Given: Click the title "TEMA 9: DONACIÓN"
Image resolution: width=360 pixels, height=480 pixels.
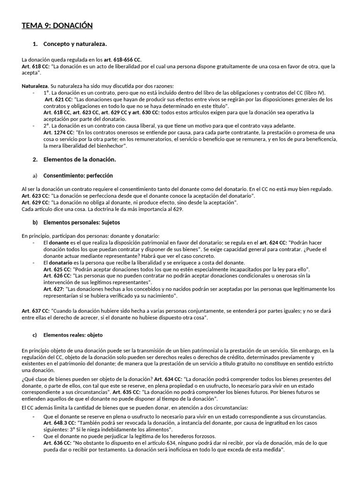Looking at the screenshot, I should click(x=57, y=25).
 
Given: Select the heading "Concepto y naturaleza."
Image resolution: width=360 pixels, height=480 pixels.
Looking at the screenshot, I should click(x=75, y=44).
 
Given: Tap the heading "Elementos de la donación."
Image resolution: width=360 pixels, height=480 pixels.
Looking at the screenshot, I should click(x=79, y=159).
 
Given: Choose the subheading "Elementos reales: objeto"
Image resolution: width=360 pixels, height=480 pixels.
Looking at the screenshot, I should click(x=73, y=335).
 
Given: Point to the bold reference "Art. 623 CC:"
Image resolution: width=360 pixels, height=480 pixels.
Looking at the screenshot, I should click(x=36, y=195).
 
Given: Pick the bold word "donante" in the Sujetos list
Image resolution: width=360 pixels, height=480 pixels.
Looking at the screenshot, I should click(x=59, y=243).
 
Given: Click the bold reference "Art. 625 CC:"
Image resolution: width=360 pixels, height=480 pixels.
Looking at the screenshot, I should click(x=57, y=270).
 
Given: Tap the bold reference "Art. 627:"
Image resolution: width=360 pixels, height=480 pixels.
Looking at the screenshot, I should click(x=54, y=289).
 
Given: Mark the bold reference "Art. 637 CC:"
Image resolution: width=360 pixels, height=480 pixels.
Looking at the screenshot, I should click(x=36, y=311).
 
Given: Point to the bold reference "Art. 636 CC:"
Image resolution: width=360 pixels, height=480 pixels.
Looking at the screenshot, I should click(x=57, y=442).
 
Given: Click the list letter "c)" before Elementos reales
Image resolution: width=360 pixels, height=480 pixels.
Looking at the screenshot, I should click(x=35, y=335).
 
